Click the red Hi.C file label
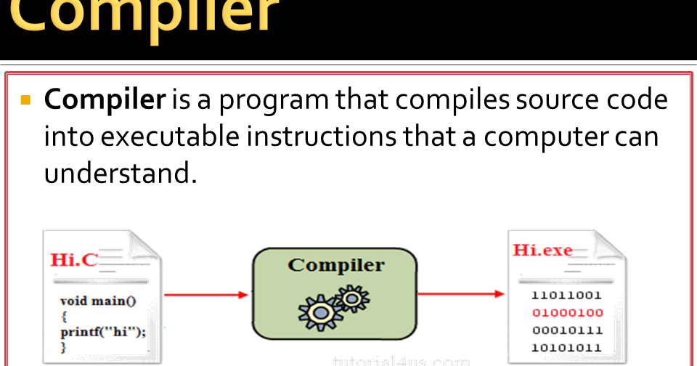click(x=73, y=260)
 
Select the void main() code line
click(x=98, y=301)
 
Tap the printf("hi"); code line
click(x=103, y=332)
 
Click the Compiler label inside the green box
click(x=336, y=264)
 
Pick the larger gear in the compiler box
click(x=317, y=312)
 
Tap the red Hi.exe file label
click(x=542, y=251)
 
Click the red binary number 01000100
click(x=567, y=313)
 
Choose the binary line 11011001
click(x=567, y=296)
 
